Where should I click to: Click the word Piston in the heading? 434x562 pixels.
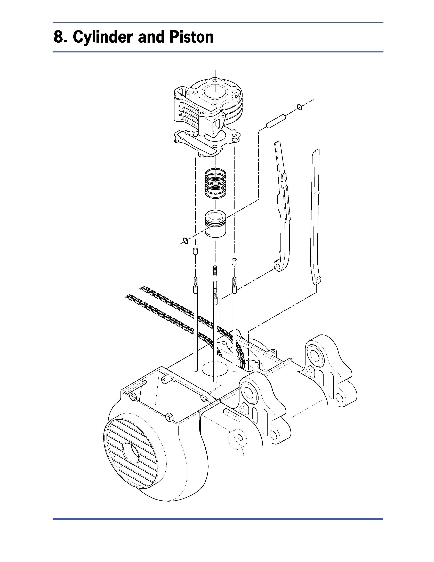pos(191,37)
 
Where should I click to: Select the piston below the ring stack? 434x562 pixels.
pos(215,223)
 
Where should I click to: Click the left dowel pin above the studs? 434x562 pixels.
pos(195,251)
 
